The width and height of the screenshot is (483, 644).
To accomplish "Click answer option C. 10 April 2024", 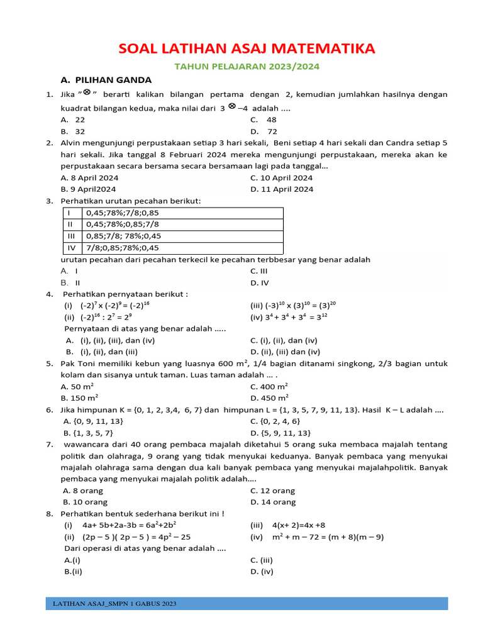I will (x=281, y=177).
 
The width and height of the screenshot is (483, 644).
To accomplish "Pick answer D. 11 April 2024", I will (x=281, y=189).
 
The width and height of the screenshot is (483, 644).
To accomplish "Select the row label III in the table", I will (x=70, y=236).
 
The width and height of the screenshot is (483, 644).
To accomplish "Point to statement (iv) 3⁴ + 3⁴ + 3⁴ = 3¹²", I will (x=289, y=317).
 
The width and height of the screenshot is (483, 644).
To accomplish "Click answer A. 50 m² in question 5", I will (x=77, y=386).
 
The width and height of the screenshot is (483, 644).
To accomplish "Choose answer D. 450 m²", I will (x=269, y=397).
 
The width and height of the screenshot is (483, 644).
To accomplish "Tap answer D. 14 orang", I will (x=272, y=502).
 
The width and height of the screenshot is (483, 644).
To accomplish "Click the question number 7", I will (x=49, y=444).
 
